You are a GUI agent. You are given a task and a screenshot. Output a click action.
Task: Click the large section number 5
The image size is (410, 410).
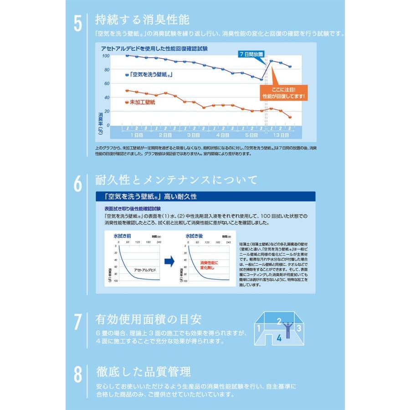pos(78,23)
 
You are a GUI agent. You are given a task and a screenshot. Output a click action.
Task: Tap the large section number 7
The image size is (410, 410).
pos(78,322)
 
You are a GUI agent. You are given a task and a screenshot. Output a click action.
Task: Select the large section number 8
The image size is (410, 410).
pos(78,375)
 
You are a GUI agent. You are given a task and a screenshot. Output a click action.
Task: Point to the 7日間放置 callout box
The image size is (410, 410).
pos(251,54)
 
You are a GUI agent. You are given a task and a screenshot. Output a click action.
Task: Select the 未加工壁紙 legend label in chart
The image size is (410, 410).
pos(142,103)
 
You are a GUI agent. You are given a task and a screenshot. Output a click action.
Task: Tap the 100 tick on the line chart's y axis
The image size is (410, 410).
pos(106,56)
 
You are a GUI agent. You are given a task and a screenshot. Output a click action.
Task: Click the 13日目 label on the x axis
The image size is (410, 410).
pos(280,135)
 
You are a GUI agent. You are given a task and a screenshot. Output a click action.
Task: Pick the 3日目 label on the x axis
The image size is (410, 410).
pos(193,135)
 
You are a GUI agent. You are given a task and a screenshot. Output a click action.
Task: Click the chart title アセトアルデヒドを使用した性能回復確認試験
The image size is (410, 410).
pos(154,47)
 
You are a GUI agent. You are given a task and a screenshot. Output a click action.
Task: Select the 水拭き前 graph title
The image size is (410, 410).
pos(122,236)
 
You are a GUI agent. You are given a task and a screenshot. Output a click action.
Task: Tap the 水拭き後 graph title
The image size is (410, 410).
pos(194,236)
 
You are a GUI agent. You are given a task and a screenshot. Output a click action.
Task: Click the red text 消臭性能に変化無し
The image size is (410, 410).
pos(210,266)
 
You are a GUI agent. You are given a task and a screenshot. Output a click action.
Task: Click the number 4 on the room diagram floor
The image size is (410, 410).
pos(279,338)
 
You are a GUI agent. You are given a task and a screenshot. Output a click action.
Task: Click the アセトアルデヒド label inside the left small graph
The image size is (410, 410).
pos(145,270)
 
